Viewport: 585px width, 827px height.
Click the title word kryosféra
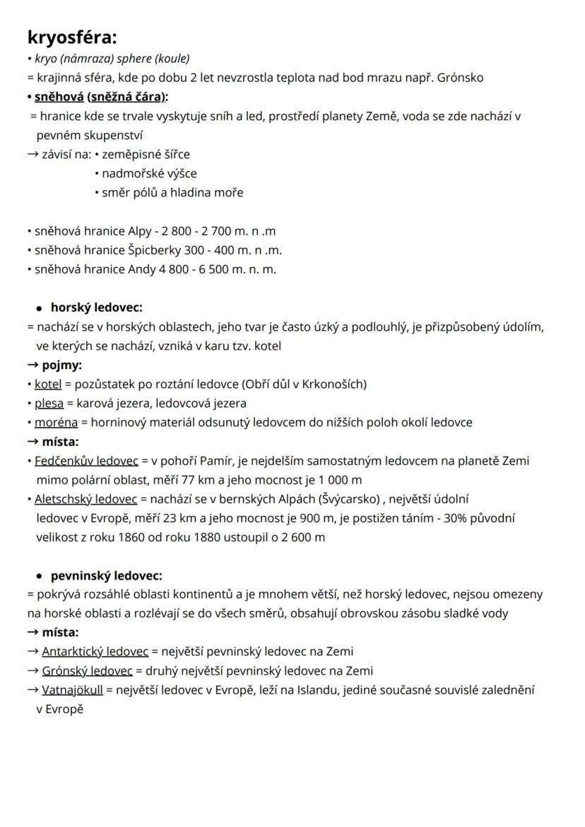click(x=72, y=37)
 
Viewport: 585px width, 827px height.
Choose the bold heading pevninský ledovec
click(x=106, y=575)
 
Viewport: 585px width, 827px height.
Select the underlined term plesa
click(x=49, y=403)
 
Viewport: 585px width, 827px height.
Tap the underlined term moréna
click(x=56, y=422)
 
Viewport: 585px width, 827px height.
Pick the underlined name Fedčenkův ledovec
click(x=86, y=460)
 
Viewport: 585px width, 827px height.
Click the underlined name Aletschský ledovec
click(x=86, y=498)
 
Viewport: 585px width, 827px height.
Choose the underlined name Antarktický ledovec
click(x=95, y=651)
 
